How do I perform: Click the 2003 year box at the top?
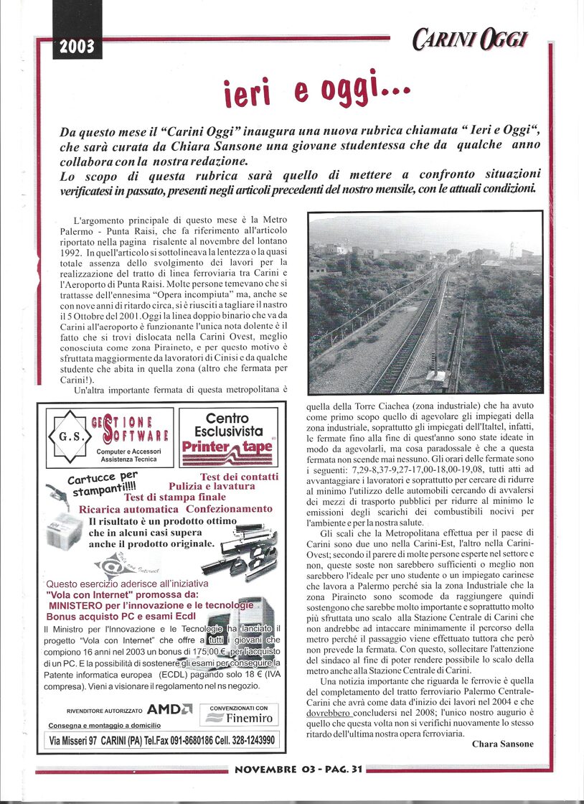(x=77, y=47)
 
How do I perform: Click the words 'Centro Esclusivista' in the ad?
(x=227, y=425)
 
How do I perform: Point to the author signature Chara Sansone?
(x=502, y=744)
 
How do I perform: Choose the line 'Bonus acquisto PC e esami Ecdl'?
(x=121, y=616)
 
